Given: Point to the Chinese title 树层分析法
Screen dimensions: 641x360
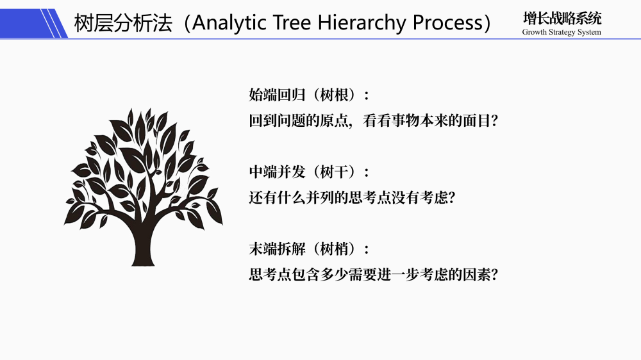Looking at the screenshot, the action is pyautogui.click(x=123, y=23).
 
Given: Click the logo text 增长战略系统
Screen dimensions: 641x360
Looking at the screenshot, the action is pyautogui.click(x=562, y=19).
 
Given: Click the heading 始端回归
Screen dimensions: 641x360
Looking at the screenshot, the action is pyautogui.click(x=277, y=95).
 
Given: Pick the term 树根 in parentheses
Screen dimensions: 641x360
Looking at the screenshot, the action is pyautogui.click(x=334, y=95).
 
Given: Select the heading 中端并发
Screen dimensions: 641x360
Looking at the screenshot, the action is pyautogui.click(x=277, y=172).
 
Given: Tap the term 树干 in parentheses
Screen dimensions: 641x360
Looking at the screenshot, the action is pyautogui.click(x=334, y=172).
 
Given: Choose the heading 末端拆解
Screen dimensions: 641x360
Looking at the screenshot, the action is pyautogui.click(x=277, y=249).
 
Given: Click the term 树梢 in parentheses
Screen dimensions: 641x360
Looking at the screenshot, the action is pyautogui.click(x=334, y=249).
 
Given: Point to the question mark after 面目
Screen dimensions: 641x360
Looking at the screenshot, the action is pyautogui.click(x=494, y=121).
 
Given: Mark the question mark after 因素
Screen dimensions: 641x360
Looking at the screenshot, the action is pyautogui.click(x=494, y=275).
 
